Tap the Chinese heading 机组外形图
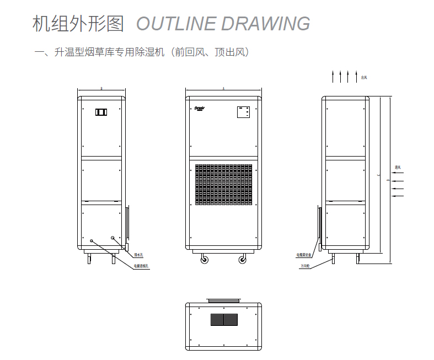(79, 24)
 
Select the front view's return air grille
(223, 184)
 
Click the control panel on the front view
(244, 112)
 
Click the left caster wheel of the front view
(203, 259)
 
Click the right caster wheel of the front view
(243, 259)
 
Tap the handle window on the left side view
(101, 112)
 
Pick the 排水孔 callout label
(138, 255)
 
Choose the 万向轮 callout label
(305, 266)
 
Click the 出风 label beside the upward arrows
(364, 78)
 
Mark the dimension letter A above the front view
(223, 88)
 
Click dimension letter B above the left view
(102, 88)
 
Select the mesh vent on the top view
(224, 319)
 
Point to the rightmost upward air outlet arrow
(357, 77)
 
